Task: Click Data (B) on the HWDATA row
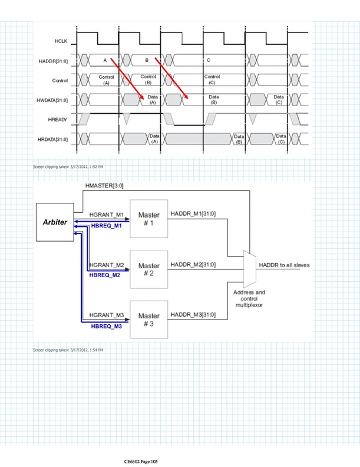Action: click(214, 100)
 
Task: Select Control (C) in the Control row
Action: click(212, 80)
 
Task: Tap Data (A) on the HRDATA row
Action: click(154, 139)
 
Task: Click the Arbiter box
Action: click(55, 222)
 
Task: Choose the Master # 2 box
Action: click(149, 269)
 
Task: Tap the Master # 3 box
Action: click(149, 320)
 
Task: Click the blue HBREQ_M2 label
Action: click(104, 275)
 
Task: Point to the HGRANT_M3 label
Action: click(105, 315)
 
